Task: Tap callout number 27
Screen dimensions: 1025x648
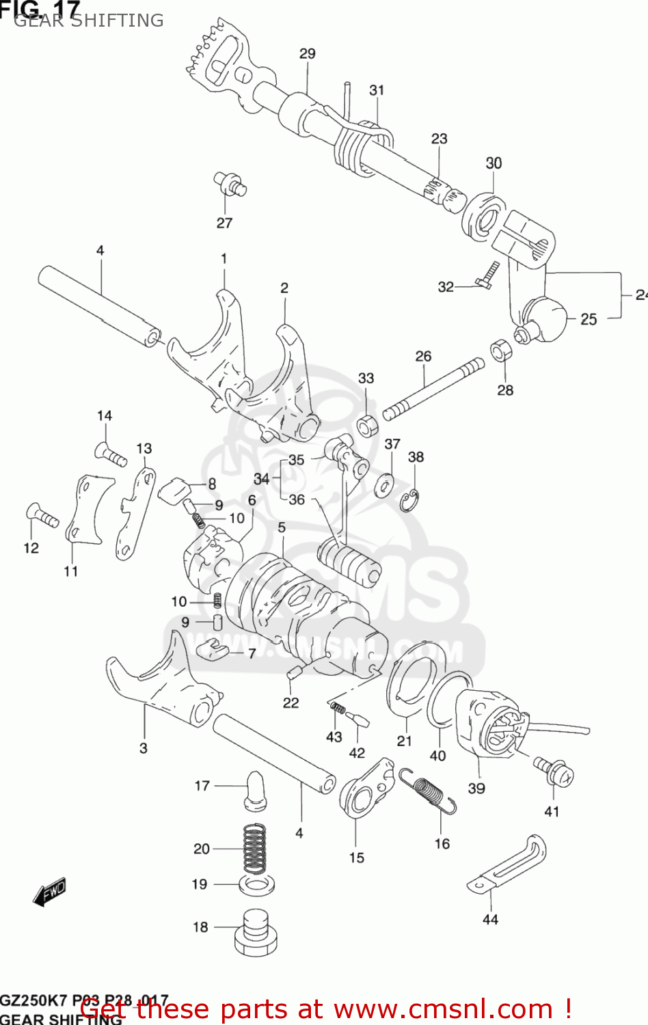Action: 224,223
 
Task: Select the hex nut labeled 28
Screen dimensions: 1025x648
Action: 501,351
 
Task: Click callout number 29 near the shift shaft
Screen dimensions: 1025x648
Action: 307,53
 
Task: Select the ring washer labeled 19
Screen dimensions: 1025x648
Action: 257,885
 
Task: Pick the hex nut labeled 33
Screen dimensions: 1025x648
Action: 368,426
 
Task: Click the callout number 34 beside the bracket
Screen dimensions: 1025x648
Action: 261,479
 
